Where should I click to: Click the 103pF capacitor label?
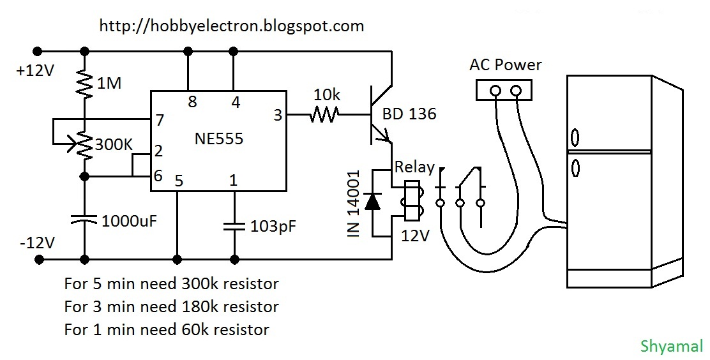click(273, 226)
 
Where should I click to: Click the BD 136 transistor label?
click(409, 114)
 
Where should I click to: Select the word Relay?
click(414, 168)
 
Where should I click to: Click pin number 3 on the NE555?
click(277, 116)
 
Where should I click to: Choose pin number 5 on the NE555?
click(179, 181)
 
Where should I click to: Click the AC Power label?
click(505, 64)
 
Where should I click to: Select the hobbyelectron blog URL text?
click(232, 26)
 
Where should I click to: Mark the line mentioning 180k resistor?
click(171, 306)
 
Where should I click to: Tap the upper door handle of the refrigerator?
click(575, 138)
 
